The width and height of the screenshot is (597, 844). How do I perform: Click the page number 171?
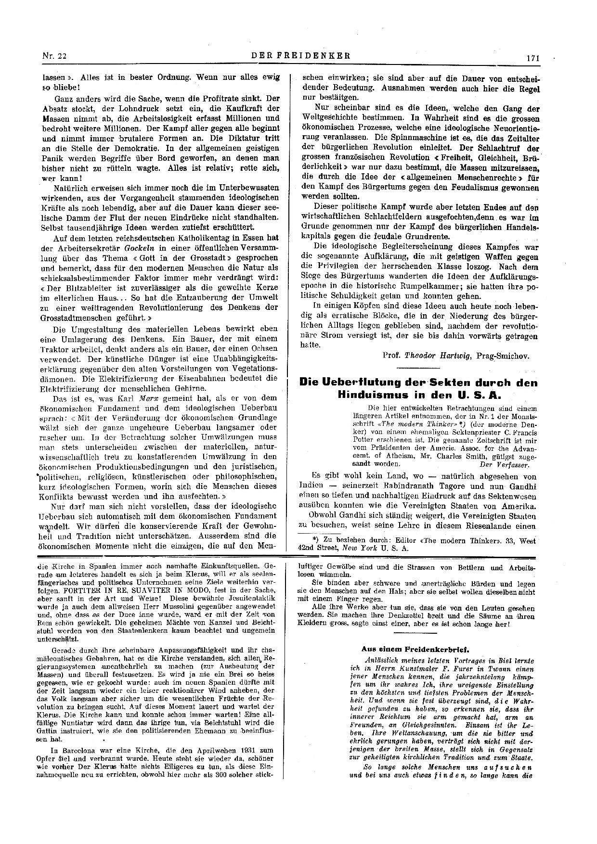point(533,58)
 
